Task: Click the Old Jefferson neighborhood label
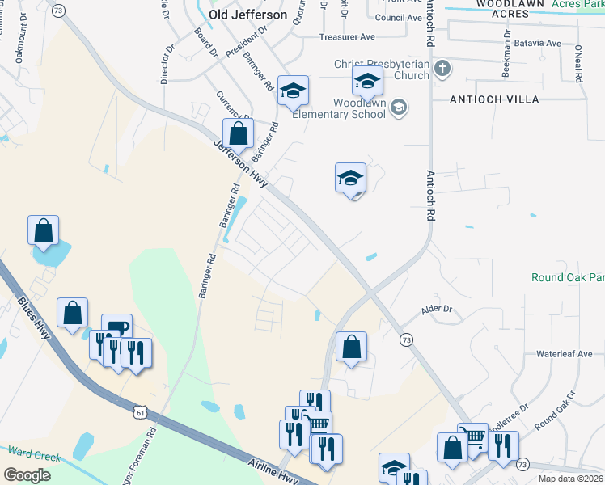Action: pos(247,15)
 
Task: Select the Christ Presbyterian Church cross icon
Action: pos(442,69)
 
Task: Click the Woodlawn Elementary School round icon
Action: pos(398,108)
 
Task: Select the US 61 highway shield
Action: pos(142,414)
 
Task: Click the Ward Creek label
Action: pos(34,457)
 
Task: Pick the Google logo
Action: pos(27,474)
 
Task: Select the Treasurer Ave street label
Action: pos(347,37)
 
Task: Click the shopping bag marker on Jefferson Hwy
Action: pos(238,135)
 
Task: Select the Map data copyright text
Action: pos(571,479)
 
